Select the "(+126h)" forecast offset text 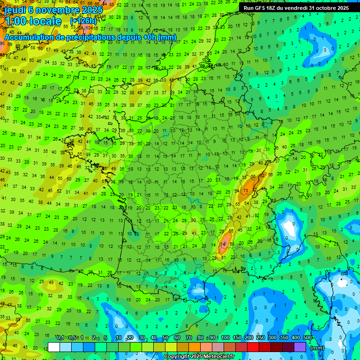pyautogui.click(x=83, y=21)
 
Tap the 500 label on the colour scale pyautogui.click(x=307, y=337)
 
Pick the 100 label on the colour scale pyautogui.click(x=225, y=337)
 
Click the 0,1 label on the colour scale pyautogui.click(x=60, y=337)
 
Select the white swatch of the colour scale pyautogui.click(x=54, y=347)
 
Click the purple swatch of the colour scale pyautogui.click(x=300, y=347)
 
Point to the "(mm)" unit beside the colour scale pyautogui.click(x=317, y=348)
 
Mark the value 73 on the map pyautogui.click(x=246, y=192)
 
